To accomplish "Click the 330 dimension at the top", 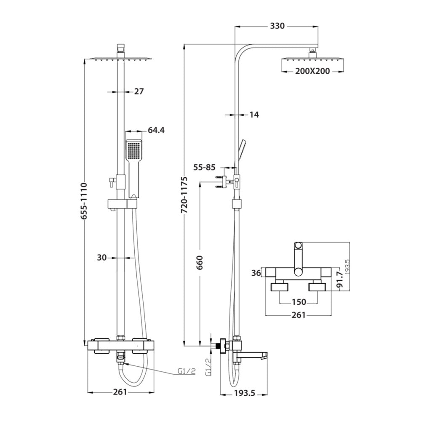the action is pos(277,26).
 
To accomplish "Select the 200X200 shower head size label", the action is pos(312,71).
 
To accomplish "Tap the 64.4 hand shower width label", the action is pos(156,130).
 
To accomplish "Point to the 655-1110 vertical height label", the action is pos(84,201).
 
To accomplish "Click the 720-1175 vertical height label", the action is pos(184,195).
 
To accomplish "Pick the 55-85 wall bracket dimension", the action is pos(205,167).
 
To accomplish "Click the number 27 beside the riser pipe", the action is pos(139,91).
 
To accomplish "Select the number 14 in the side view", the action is pos(254,115).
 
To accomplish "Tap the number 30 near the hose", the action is pos(102,258).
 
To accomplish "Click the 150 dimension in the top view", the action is pos(298,302).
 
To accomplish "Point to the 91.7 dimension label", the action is pos(340,280).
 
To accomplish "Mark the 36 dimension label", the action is pos(256,273).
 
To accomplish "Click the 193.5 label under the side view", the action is pos(244,393).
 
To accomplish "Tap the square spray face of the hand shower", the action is pos(134,150).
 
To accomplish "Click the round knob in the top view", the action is pos(298,245).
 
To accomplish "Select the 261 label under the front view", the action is pos(120,392).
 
